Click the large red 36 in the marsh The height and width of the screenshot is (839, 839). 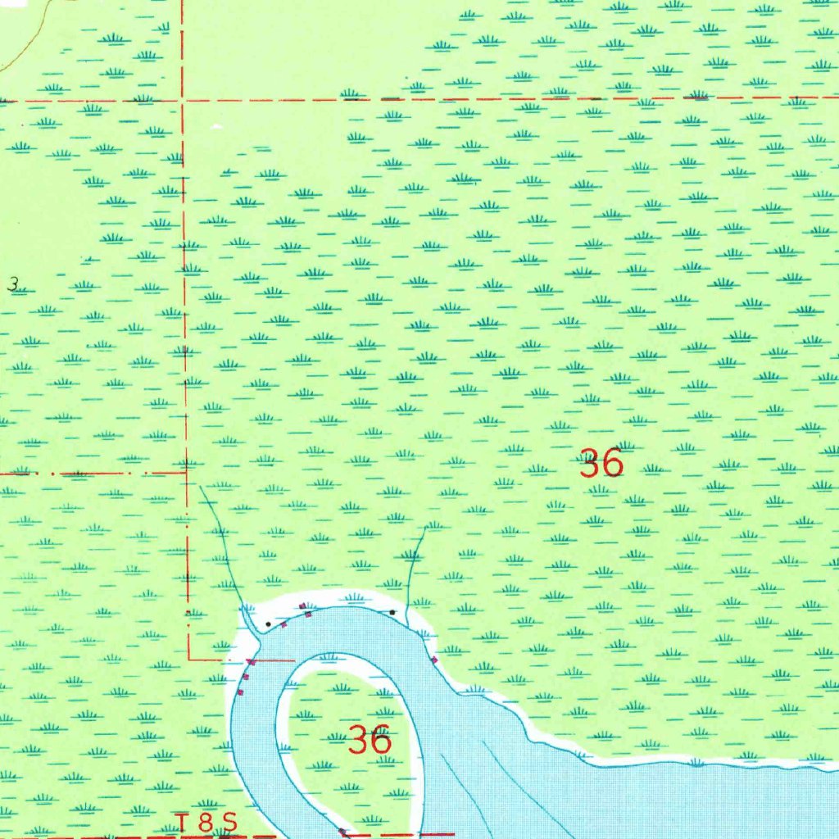(601, 464)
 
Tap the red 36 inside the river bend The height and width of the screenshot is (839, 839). (370, 741)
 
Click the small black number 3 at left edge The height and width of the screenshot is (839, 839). (13, 284)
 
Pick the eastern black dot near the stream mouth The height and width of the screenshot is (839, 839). (392, 612)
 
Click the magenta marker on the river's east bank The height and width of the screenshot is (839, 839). (434, 660)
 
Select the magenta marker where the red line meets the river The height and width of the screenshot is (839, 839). (252, 661)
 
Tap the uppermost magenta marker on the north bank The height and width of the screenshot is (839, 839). (303, 606)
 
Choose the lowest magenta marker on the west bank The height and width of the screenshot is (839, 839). (240, 693)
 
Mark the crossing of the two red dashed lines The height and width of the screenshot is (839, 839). (182, 100)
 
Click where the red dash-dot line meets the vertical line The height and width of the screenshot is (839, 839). (185, 473)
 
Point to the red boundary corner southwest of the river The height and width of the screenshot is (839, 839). (189, 658)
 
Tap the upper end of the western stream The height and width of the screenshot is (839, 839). (202, 486)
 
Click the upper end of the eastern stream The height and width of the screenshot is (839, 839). (425, 529)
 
